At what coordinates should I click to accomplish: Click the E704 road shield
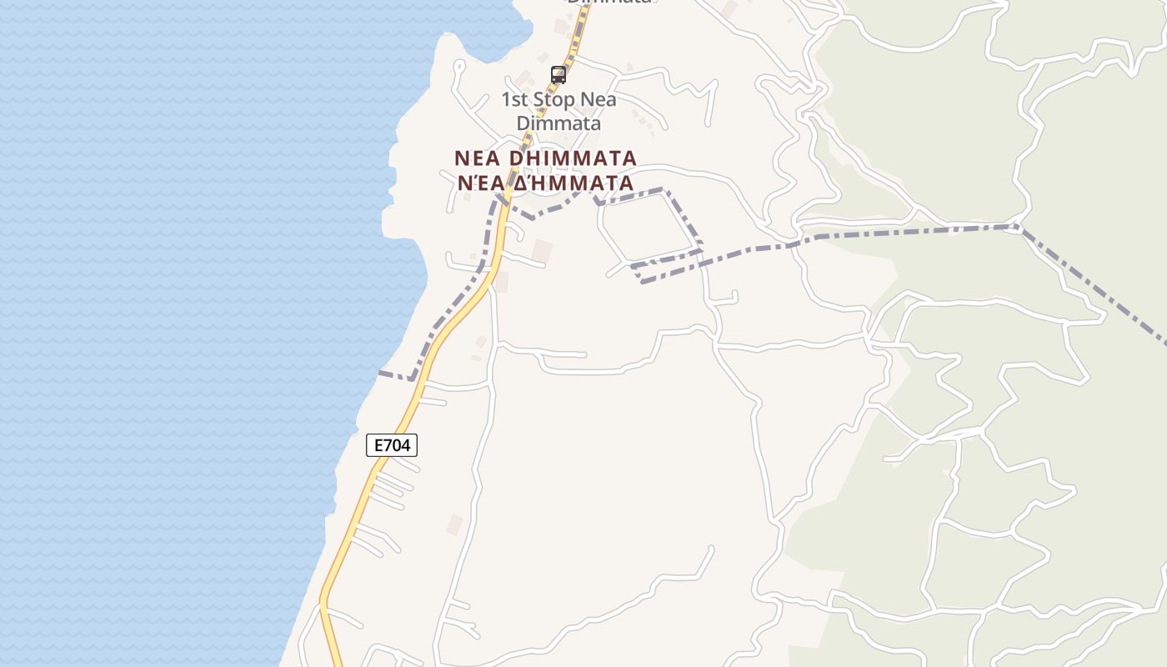coord(392,445)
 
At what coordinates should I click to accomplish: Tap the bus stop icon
coord(558,75)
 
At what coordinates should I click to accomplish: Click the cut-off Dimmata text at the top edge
coord(609,3)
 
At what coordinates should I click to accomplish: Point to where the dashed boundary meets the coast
coord(380,373)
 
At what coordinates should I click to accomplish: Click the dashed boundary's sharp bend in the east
coord(1016,226)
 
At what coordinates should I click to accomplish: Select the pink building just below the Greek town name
coord(542,250)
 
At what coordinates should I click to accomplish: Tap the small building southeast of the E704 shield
coord(454,524)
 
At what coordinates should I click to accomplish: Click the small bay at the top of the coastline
coord(492,42)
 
